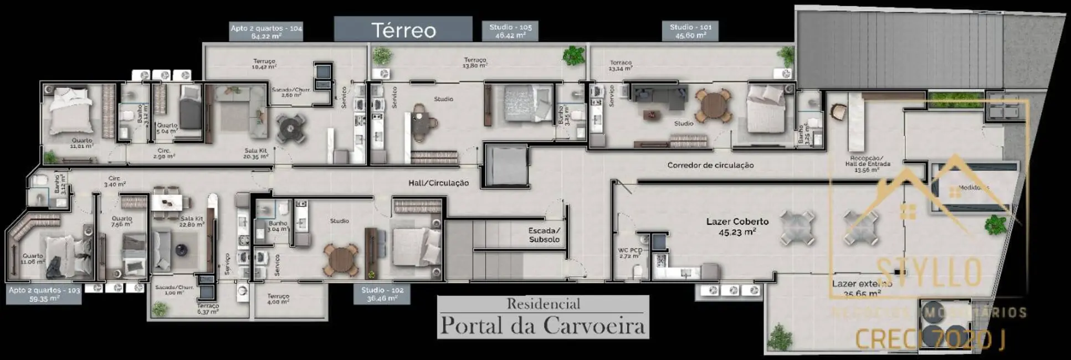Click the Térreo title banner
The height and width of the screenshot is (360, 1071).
403,29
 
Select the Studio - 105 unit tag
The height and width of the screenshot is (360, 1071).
510,31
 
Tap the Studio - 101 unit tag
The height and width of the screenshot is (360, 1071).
690,31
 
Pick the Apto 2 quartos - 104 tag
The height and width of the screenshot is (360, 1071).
266,32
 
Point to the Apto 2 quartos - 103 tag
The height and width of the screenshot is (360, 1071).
44,294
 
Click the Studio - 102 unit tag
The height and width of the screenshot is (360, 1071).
382,294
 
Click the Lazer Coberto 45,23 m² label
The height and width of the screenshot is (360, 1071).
737,226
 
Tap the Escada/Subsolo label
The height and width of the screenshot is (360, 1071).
544,235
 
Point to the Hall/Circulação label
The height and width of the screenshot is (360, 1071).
438,183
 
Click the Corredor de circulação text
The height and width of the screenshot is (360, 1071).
710,165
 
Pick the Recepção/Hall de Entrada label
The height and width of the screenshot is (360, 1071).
867,164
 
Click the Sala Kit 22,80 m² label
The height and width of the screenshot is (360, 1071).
192,221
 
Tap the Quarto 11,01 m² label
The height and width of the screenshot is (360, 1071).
81,143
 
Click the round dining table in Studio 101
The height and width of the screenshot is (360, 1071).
714,105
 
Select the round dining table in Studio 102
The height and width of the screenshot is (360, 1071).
340,259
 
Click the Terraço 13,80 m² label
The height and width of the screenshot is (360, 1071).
475,62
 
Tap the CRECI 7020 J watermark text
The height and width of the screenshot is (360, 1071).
931,340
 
